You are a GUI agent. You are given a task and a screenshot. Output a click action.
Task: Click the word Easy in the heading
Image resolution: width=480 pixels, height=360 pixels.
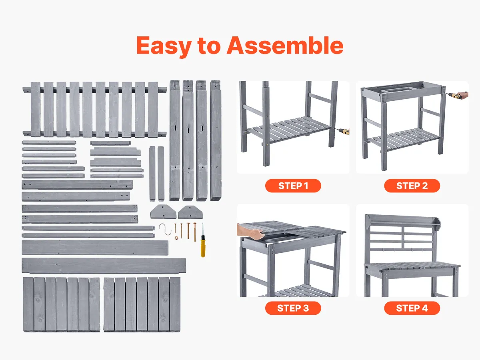(164, 46)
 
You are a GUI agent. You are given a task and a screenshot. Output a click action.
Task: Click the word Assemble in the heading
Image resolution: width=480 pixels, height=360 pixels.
(285, 46)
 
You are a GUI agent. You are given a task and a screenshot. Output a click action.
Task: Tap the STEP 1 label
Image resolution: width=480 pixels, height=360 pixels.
(293, 186)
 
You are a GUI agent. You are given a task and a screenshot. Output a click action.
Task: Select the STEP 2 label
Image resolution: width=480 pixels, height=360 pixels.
(412, 186)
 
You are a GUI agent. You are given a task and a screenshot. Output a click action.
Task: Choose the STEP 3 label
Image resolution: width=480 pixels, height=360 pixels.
(293, 308)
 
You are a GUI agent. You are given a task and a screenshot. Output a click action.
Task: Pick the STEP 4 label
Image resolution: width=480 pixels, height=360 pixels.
(412, 308)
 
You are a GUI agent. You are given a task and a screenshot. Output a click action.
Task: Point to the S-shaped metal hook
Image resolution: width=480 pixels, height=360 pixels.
(165, 229)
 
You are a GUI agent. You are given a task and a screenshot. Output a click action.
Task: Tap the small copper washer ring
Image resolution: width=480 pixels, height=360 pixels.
(176, 238)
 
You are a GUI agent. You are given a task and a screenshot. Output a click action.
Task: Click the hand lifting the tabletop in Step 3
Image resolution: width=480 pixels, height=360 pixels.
(250, 232)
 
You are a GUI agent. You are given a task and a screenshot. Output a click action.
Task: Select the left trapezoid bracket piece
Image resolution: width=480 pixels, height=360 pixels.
(163, 212)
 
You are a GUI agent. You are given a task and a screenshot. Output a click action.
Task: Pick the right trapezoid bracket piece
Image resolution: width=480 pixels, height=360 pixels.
(190, 212)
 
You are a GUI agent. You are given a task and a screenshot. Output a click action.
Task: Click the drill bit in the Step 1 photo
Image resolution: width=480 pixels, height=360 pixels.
(344, 131)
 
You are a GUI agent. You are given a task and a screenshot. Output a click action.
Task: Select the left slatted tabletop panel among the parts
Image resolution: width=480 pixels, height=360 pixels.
(62, 305)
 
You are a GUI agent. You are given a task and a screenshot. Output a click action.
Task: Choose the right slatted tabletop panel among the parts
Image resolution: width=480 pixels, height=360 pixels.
(142, 305)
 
